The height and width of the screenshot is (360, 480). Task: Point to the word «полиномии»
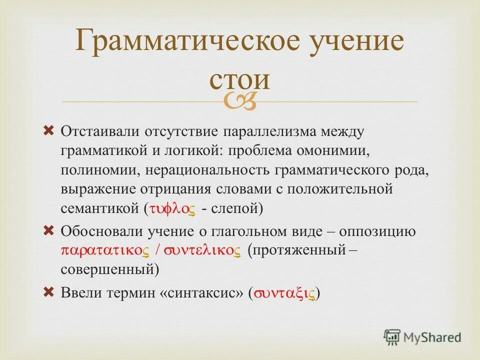tap(100, 170)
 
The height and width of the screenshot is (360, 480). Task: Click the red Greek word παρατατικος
tap(105, 250)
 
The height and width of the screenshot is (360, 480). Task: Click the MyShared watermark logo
tap(422, 337)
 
